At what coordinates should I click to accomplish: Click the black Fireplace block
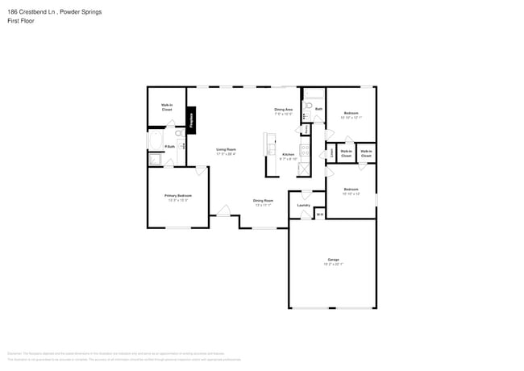point(192,120)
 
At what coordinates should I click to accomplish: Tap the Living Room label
point(226,149)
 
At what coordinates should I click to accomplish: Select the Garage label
point(333,261)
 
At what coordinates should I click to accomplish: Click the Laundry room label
point(304,205)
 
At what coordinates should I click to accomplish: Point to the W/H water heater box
point(320,214)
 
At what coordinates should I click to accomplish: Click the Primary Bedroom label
point(177,196)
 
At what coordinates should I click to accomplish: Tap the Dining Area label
point(283,110)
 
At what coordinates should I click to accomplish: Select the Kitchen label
point(289,155)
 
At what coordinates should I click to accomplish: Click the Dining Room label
point(263,201)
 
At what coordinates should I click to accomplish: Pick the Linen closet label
point(331,152)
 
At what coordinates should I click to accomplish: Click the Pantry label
point(306,129)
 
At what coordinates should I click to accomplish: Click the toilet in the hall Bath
point(307,106)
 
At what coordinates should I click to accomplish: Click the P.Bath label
point(170,146)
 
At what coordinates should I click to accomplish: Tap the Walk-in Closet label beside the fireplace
point(167,106)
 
